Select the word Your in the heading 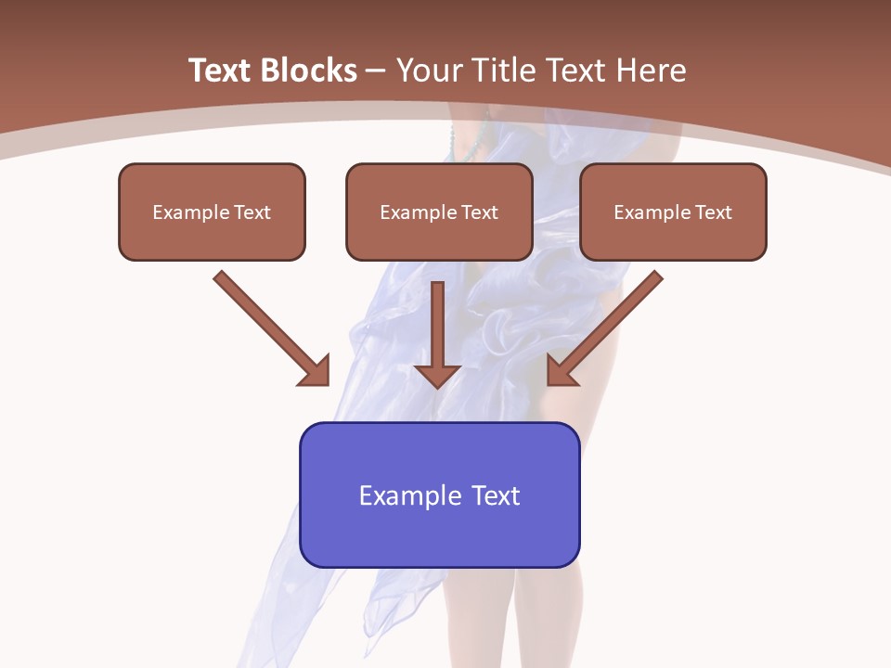[429, 71]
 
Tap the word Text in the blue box [494, 495]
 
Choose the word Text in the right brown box [714, 212]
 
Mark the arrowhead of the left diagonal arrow [315, 371]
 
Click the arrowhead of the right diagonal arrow [561, 371]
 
